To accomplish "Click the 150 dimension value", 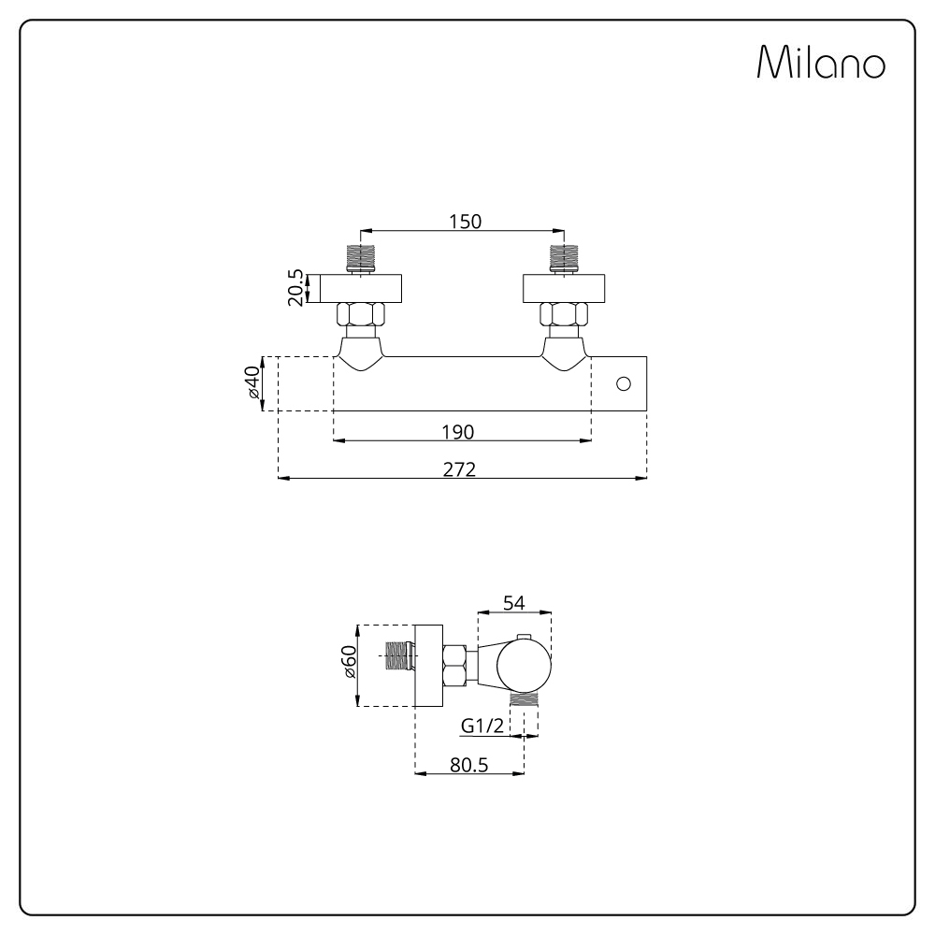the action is point(465,222).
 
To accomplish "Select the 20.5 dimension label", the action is point(295,288).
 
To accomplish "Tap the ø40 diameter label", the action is point(252,382).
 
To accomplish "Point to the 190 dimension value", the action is point(458,432).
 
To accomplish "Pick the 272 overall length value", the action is point(459,470).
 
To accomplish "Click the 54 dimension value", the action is point(513,603).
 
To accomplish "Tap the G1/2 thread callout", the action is point(482,726).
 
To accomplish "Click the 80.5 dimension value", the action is point(468,765).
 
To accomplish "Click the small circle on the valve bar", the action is point(624,384).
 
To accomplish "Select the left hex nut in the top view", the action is point(361,314).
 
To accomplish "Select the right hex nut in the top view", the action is point(564,314).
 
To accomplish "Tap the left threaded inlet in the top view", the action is point(361,258).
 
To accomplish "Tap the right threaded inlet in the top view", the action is point(564,258).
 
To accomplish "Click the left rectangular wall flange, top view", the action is point(361,288).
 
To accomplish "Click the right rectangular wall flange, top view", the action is point(564,288).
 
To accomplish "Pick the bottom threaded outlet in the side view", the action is point(525,699).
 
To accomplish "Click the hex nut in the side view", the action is point(454,666).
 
